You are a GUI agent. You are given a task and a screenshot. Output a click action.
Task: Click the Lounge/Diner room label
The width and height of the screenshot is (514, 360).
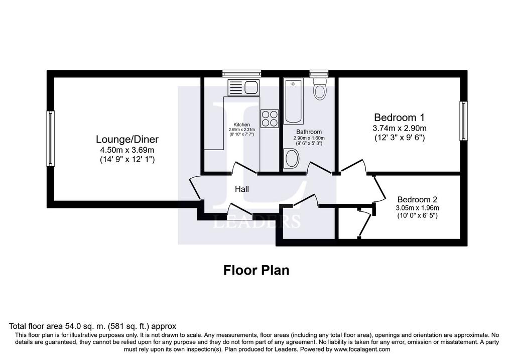127,140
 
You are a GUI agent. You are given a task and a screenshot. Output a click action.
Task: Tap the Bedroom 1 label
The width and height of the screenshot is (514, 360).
399,117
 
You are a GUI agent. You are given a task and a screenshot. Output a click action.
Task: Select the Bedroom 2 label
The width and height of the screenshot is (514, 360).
417,199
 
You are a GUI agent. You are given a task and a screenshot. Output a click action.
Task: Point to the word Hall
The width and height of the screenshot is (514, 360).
242,189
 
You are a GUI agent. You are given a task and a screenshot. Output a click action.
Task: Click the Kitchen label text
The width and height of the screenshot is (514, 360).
241,125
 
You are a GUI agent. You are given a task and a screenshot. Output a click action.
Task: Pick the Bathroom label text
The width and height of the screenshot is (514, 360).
309,132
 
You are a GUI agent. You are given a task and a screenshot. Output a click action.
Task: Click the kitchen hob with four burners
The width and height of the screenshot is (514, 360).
270,118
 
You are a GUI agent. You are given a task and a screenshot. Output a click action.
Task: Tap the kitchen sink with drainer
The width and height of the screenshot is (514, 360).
243,87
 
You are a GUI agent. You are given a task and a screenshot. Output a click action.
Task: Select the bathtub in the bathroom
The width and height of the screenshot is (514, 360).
293,101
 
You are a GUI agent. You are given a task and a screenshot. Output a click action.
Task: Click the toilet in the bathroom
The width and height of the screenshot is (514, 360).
319,88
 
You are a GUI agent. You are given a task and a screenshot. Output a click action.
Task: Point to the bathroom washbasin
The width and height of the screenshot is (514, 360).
291,159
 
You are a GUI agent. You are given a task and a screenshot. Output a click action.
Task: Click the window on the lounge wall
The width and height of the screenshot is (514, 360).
51,139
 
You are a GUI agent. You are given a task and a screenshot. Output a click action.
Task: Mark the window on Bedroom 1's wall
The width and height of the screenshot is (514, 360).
463,121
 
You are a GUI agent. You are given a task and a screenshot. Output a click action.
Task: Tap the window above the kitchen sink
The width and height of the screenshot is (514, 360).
241,73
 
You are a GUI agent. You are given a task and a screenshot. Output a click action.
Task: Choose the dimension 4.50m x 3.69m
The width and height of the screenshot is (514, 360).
127,150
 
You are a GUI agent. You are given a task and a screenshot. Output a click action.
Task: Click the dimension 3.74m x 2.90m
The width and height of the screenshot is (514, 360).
400,128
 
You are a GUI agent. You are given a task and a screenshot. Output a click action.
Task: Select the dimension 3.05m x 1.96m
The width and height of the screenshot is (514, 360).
417,208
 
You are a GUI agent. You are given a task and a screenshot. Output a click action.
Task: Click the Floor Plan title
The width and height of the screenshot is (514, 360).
256,271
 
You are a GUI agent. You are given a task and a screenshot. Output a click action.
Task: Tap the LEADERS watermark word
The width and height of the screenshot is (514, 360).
256,221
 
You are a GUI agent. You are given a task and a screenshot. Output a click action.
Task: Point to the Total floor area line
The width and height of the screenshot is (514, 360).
92,326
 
